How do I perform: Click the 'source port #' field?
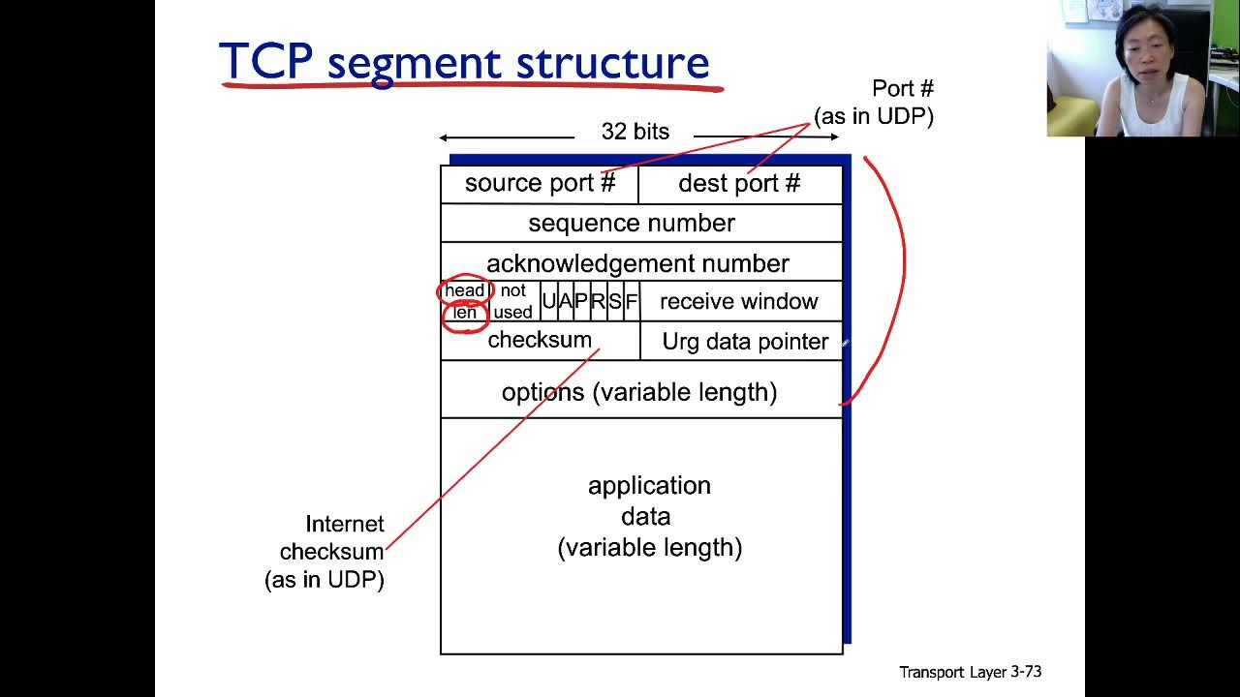point(540,184)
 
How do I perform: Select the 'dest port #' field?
point(739,184)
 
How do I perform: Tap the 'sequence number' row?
point(632,224)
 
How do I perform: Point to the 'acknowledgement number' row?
point(637,263)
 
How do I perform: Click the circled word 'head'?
point(465,290)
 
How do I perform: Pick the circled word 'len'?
point(465,313)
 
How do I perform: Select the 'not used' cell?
point(512,301)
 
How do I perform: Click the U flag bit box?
point(548,301)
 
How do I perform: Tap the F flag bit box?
point(632,301)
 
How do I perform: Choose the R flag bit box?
point(598,301)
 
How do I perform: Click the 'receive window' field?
point(739,302)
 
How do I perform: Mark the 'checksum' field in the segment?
point(540,340)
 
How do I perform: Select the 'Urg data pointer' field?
point(745,342)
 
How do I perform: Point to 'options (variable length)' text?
point(639,392)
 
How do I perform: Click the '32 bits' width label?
point(635,132)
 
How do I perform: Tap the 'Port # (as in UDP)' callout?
point(875,103)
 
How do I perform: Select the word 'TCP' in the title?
point(265,62)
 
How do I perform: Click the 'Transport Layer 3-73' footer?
point(970,672)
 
